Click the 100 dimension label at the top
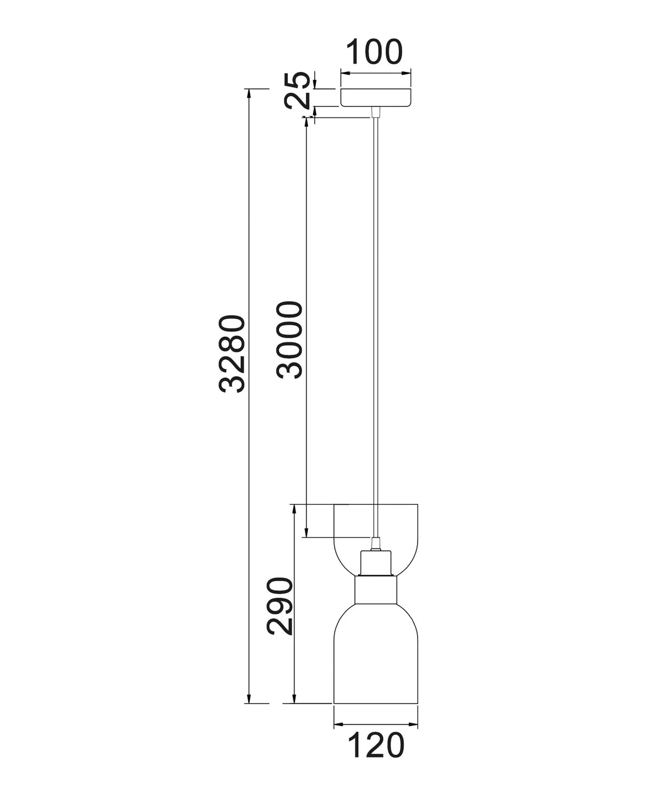[x=374, y=51]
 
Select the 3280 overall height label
[x=232, y=354]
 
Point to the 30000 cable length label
[x=290, y=340]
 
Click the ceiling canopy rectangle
[x=376, y=97]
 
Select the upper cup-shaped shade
[x=376, y=545]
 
